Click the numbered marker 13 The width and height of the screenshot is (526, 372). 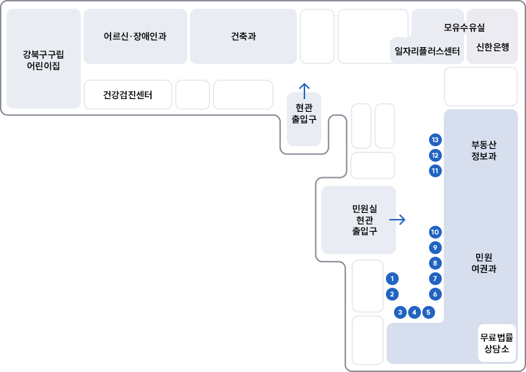click(x=435, y=140)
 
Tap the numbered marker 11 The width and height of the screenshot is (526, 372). click(x=435, y=171)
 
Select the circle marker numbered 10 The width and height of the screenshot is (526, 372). click(x=435, y=232)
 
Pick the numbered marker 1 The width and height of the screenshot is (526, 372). click(x=393, y=278)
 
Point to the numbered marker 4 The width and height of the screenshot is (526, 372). click(x=415, y=312)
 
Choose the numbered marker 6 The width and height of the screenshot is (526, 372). click(x=435, y=294)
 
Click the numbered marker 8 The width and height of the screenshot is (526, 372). click(x=435, y=263)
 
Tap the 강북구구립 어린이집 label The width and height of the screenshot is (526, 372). click(x=43, y=59)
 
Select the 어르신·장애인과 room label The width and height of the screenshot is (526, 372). click(x=135, y=36)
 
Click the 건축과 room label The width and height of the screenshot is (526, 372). click(x=243, y=36)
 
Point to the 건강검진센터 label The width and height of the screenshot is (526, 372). click(x=128, y=95)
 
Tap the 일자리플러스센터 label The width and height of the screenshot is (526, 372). click(x=427, y=51)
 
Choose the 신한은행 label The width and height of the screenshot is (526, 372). click(x=492, y=47)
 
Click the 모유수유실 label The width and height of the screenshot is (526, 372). click(x=464, y=28)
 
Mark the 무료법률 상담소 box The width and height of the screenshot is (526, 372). click(x=497, y=343)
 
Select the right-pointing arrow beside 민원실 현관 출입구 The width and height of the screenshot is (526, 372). click(x=397, y=220)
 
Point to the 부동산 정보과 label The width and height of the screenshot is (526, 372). click(x=484, y=150)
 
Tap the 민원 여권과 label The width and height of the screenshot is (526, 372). click(x=484, y=263)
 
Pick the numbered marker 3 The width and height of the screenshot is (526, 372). click(x=400, y=312)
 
